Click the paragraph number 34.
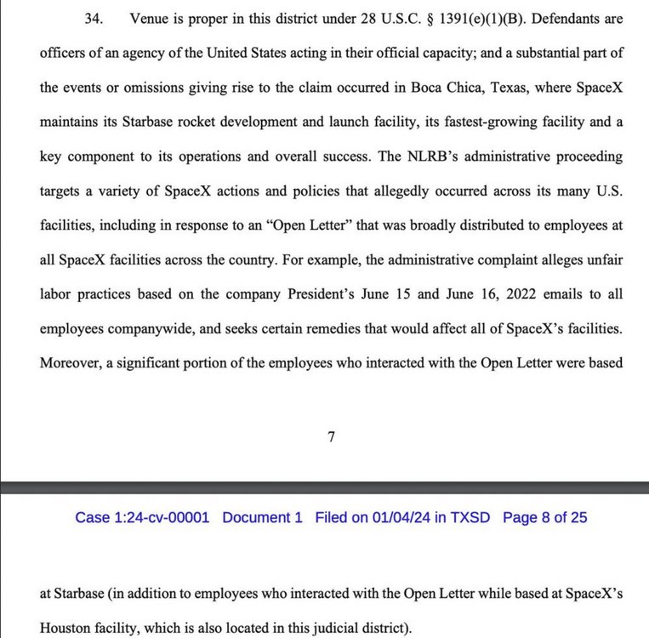[94, 17]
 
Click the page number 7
[331, 437]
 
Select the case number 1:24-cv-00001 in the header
[162, 517]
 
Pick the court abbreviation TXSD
[470, 517]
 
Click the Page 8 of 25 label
[544, 517]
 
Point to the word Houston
[66, 629]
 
